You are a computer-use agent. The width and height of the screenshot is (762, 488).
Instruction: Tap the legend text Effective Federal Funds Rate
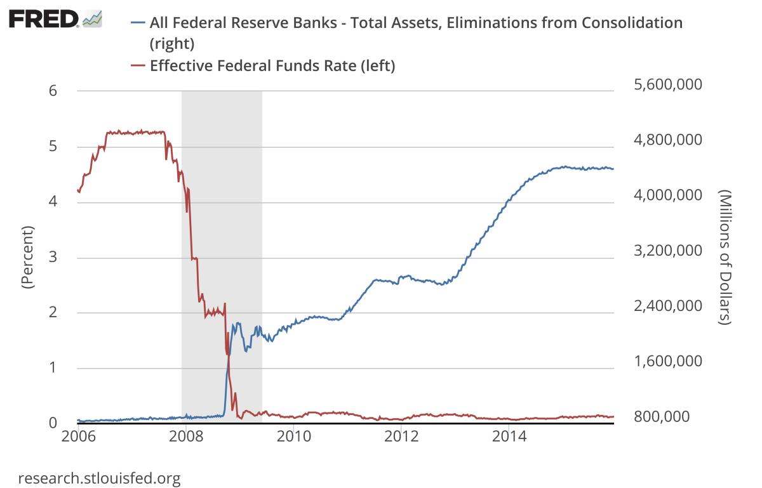(x=272, y=66)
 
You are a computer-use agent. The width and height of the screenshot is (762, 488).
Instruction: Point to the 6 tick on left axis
(x=53, y=91)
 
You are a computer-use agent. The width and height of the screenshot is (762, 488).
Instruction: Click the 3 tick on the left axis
(x=53, y=257)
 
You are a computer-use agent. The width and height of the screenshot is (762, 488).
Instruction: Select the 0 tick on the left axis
(x=53, y=423)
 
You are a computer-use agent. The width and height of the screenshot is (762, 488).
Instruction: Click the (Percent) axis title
(x=27, y=257)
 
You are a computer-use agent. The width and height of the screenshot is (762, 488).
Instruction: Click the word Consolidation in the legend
(x=620, y=23)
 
